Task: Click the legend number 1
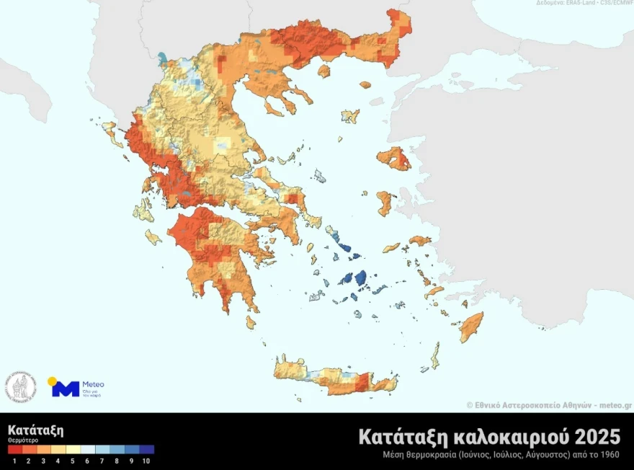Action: [x=14, y=460]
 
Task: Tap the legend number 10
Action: [x=147, y=460]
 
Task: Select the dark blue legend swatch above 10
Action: [x=147, y=450]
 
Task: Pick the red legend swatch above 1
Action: [x=14, y=450]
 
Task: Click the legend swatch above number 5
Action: [x=73, y=450]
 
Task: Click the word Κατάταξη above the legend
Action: [x=35, y=430]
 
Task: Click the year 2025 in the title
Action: [x=592, y=437]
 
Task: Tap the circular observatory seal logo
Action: [x=21, y=388]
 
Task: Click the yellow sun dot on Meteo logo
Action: [x=52, y=381]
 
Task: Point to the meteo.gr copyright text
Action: [x=549, y=406]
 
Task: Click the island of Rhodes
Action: [x=472, y=327]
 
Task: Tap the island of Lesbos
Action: [x=393, y=158]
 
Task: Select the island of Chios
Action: [x=384, y=203]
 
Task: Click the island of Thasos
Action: [x=323, y=71]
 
